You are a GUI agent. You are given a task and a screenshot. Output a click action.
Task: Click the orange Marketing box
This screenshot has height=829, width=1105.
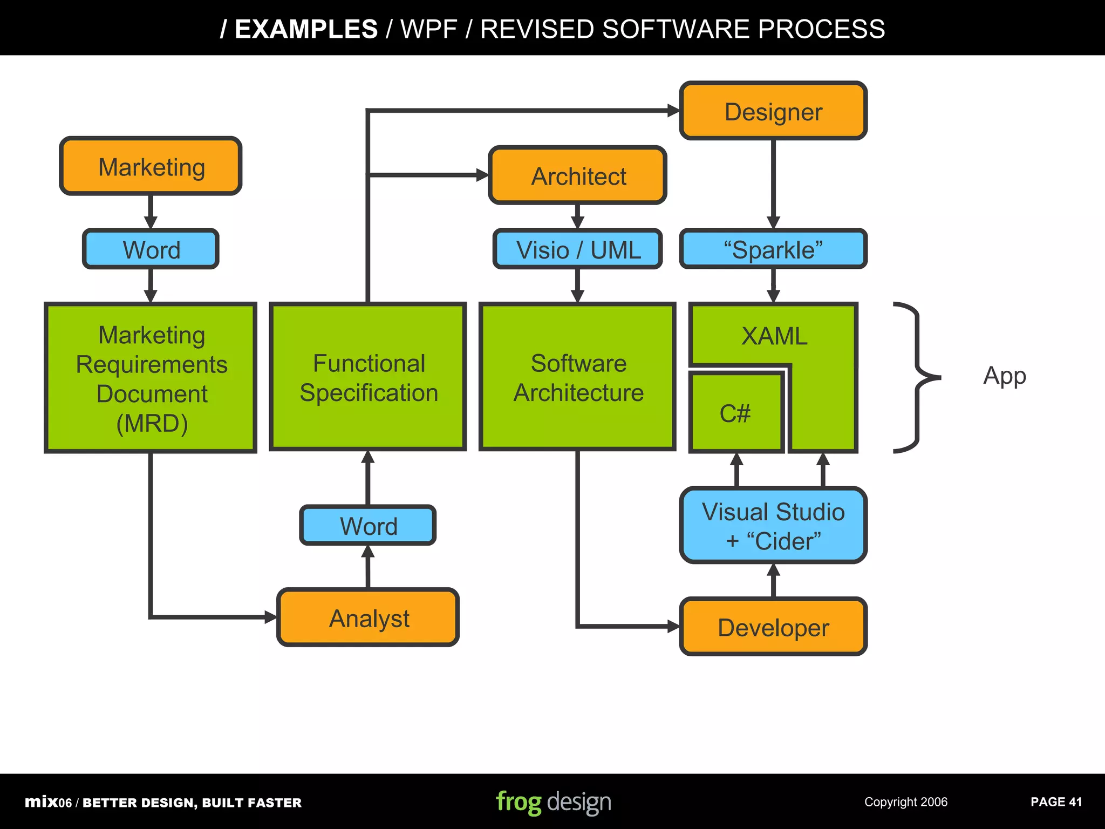point(151,166)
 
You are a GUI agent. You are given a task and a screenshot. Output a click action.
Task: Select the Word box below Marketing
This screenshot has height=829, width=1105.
point(151,249)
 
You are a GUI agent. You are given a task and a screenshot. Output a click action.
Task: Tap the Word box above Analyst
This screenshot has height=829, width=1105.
point(368,526)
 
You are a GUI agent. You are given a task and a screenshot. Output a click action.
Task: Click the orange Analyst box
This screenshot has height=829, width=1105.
point(368,618)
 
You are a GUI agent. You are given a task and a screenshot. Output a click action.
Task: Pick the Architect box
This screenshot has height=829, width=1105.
point(577,176)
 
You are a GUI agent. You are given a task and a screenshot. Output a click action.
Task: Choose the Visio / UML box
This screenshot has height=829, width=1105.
point(577,249)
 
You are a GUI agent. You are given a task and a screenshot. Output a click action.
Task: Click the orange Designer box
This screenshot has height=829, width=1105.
point(773,112)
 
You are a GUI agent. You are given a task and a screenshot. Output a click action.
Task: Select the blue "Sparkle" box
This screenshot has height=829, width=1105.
point(773,249)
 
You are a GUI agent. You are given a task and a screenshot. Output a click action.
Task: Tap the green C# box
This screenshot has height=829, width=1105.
point(735,413)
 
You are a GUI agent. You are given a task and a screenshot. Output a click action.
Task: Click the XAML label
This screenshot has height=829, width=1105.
point(774,336)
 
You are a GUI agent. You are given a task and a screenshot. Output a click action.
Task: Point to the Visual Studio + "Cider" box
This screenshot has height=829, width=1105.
point(773,526)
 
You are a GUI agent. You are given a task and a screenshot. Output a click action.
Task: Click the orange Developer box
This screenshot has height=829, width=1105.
point(773,627)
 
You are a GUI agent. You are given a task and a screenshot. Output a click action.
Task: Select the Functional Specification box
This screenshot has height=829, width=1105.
point(368,377)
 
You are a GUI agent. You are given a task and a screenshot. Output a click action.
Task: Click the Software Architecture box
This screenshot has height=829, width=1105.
point(577,377)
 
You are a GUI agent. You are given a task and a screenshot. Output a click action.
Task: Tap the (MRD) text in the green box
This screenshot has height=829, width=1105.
point(152,423)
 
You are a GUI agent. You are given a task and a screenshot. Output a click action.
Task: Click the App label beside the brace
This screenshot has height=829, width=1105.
point(1004,376)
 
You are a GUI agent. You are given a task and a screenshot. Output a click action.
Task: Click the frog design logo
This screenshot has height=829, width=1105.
point(554,802)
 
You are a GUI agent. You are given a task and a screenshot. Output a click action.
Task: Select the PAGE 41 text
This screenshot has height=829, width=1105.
point(1056,802)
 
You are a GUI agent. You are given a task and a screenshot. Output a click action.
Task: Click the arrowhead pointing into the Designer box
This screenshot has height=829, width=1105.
point(673,111)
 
